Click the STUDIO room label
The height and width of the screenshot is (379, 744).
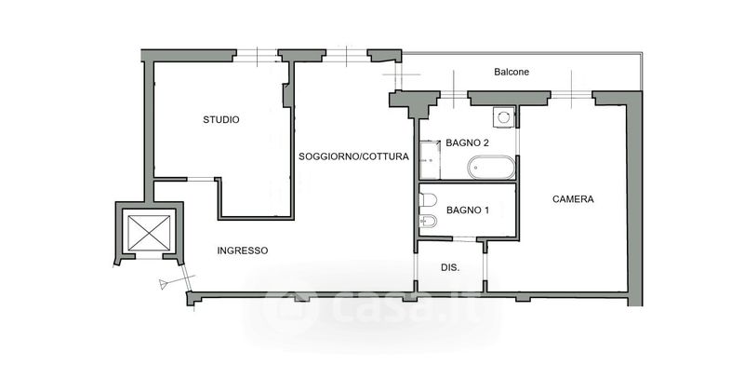pos(221,119)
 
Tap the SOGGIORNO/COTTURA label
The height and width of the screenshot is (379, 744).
pos(353,156)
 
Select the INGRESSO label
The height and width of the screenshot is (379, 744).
pos(243,250)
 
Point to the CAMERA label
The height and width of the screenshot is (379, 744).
pos(573,199)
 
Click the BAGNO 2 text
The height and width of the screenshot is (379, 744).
pos(467,143)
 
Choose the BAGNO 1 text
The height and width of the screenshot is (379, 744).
pos(467,210)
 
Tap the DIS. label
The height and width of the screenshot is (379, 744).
pos(451,267)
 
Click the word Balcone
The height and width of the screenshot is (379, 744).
pos(512,72)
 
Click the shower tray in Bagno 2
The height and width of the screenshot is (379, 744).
pos(429,158)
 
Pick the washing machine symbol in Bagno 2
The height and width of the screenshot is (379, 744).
pos(502,117)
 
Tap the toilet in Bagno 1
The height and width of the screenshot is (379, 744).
pos(429,199)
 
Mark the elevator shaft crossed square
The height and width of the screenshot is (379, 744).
pos(149,232)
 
